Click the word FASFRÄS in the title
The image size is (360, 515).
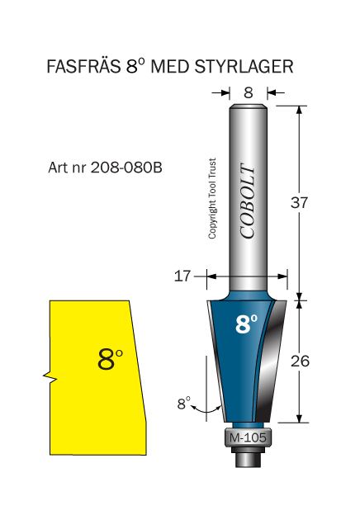click(x=83, y=66)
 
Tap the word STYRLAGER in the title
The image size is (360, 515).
click(x=244, y=67)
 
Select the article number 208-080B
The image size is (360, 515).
click(x=126, y=168)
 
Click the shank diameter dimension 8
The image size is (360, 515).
click(x=249, y=93)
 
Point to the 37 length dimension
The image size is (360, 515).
click(x=299, y=202)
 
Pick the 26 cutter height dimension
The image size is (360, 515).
click(x=300, y=361)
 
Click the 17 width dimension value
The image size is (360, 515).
click(x=182, y=276)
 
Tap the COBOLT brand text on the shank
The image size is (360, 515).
click(x=247, y=201)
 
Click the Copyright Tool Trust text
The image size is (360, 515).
click(x=212, y=198)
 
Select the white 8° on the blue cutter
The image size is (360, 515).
click(x=247, y=324)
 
